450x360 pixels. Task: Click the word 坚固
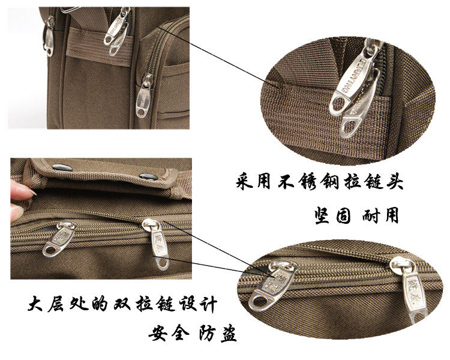coord(329,214)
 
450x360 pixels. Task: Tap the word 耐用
coord(381,214)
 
